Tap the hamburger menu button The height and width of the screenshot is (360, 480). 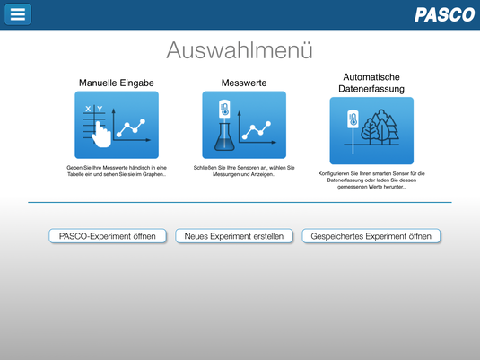click(17, 14)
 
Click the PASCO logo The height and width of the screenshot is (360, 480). click(444, 14)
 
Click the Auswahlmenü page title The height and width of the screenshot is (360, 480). click(240, 50)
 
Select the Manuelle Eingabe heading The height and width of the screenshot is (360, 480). click(117, 83)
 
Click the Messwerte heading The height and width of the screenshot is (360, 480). click(244, 83)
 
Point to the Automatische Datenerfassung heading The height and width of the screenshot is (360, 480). click(371, 83)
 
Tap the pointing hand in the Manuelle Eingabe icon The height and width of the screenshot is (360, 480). click(101, 135)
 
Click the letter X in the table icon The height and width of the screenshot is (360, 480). click(88, 109)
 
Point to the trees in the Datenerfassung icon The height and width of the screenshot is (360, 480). click(380, 127)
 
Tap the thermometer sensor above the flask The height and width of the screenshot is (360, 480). click(224, 109)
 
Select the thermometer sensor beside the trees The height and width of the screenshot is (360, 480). click(353, 119)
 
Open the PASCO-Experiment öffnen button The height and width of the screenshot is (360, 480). click(108, 236)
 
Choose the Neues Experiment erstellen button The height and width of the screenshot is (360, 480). click(234, 236)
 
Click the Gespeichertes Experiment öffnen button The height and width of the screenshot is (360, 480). click(371, 236)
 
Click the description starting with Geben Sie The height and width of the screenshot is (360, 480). click(117, 171)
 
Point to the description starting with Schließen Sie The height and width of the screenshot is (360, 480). click(244, 171)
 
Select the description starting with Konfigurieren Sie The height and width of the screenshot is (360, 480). click(371, 180)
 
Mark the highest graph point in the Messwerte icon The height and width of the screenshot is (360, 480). click(268, 124)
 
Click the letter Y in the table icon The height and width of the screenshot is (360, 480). click(100, 109)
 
